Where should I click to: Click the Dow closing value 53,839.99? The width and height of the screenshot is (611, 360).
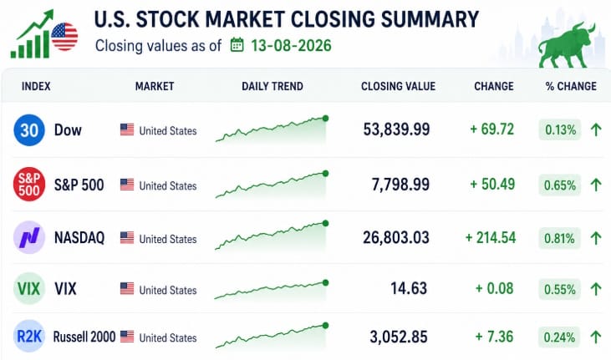[x=396, y=129]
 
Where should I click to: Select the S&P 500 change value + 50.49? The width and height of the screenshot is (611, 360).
[x=492, y=185]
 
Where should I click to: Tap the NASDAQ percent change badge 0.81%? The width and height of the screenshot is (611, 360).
[x=559, y=238]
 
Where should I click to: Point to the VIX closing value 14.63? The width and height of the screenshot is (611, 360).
[x=409, y=288]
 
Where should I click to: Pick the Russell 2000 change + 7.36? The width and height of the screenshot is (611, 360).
[x=495, y=337]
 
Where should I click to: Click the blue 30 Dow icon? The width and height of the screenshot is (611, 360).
[x=29, y=130]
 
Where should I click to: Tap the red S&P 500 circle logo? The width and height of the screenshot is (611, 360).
[x=29, y=185]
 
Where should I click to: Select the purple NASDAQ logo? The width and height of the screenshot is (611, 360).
[x=29, y=237]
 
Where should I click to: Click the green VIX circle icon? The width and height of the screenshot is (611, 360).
[x=29, y=289]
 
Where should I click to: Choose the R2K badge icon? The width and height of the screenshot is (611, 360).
[x=29, y=337]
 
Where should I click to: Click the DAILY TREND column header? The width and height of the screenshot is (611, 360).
[x=272, y=86]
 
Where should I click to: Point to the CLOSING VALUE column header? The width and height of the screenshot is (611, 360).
[x=398, y=86]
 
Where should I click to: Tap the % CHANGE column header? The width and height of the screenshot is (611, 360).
[x=571, y=86]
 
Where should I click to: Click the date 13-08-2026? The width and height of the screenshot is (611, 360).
[x=291, y=46]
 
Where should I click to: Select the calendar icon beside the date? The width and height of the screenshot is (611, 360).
[x=237, y=45]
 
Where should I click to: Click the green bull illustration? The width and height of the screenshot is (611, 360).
[x=567, y=45]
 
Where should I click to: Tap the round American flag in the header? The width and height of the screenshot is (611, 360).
[x=64, y=37]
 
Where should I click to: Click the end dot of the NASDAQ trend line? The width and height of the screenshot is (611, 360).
[x=325, y=223]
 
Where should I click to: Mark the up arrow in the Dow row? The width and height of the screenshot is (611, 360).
[x=596, y=129]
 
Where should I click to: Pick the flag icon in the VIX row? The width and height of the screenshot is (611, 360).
[x=127, y=289]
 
